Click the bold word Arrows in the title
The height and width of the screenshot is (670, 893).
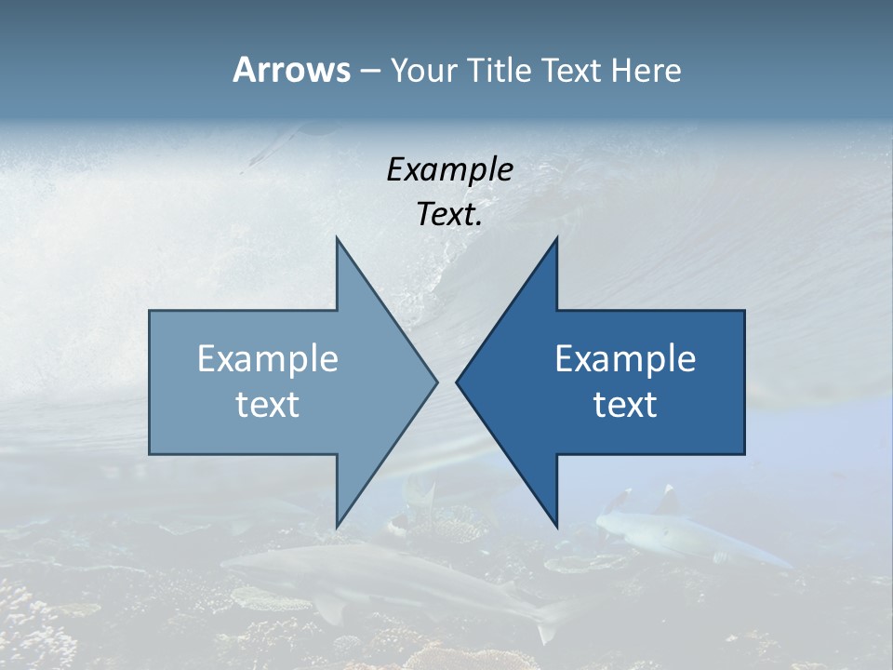click(x=290, y=70)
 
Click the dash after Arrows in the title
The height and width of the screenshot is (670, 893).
click(x=369, y=72)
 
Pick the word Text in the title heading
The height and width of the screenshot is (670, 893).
click(x=570, y=71)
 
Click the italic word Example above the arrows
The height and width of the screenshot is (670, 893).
click(x=449, y=170)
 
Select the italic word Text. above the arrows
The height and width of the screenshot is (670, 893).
click(x=449, y=215)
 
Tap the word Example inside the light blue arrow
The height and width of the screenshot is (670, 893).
click(x=268, y=359)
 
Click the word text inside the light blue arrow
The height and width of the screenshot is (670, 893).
click(x=268, y=405)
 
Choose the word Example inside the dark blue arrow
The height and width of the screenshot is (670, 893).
click(x=625, y=359)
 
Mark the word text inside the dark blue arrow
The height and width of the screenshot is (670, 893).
click(x=625, y=405)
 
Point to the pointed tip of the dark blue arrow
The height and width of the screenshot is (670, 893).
click(x=458, y=382)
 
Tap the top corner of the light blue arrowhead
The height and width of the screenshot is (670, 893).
click(x=338, y=239)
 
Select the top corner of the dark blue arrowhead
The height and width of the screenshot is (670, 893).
click(x=556, y=239)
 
